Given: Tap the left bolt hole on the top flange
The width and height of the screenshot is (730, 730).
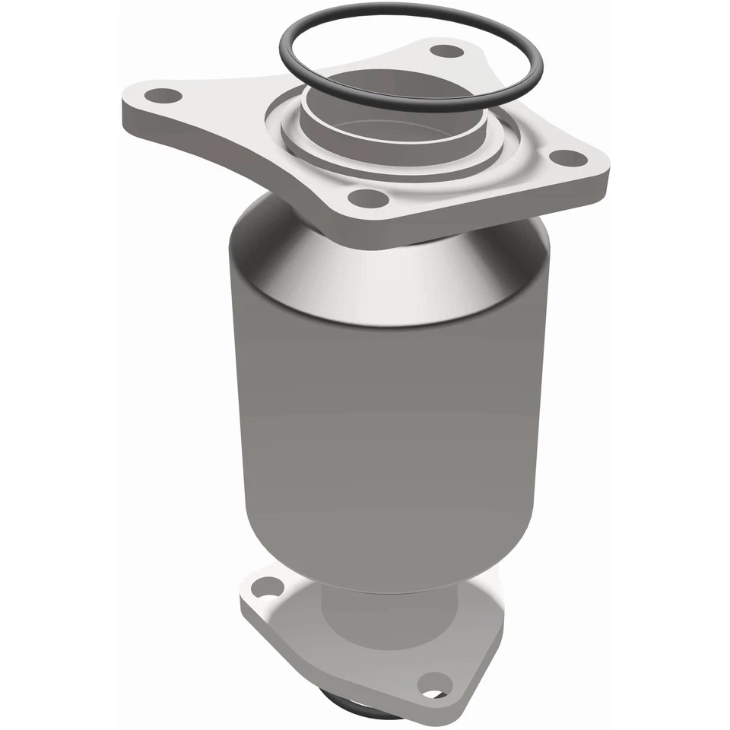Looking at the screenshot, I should point(163,96).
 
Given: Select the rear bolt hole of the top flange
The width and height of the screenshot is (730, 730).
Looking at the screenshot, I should point(446,52).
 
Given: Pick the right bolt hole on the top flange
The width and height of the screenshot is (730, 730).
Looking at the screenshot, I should point(565,158).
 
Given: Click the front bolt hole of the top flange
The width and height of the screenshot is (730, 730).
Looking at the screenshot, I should point(365,200).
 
